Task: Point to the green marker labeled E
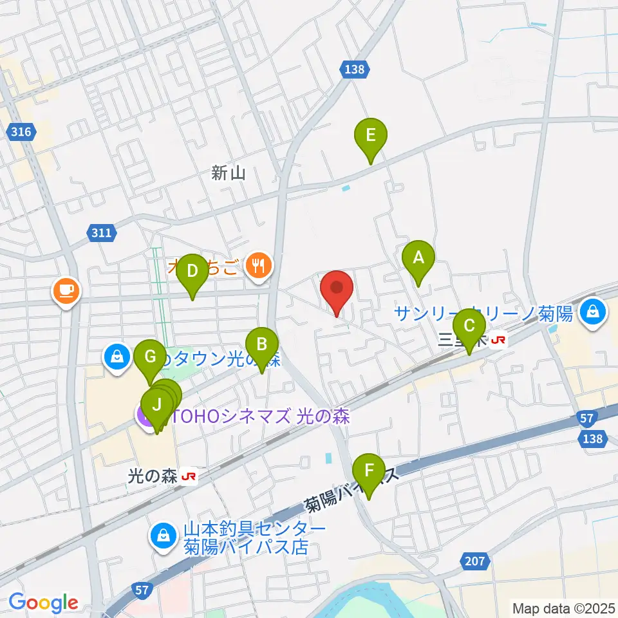(x=371, y=137)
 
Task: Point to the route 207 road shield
(x=474, y=562)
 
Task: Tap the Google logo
(x=44, y=603)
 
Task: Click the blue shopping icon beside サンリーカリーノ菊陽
(x=590, y=313)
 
